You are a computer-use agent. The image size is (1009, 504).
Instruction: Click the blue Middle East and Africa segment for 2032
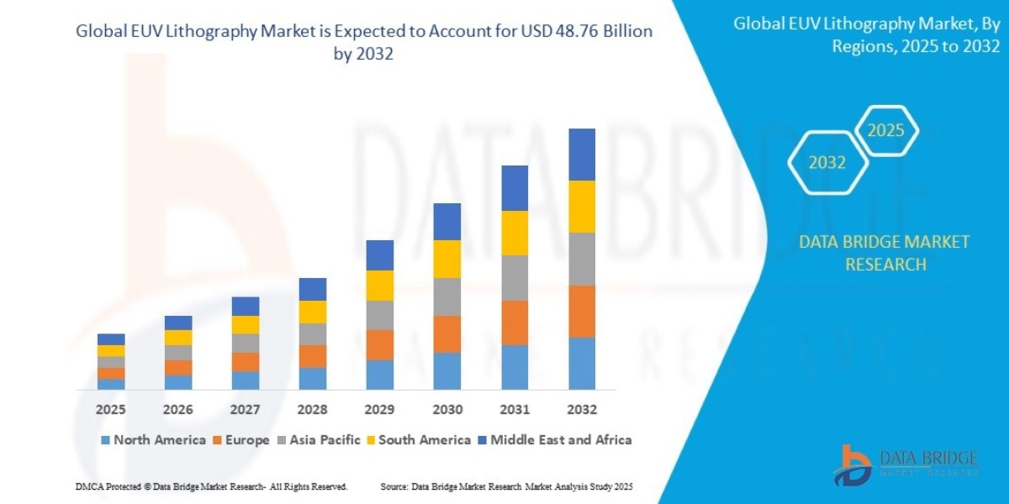582,155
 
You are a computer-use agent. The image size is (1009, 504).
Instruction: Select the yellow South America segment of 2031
515,233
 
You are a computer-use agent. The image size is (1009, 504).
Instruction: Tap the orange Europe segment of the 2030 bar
447,333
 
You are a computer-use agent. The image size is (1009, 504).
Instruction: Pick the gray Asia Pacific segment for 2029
380,315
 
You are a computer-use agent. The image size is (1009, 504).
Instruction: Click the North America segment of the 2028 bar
313,378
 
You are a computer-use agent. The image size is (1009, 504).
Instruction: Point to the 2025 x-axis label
111,410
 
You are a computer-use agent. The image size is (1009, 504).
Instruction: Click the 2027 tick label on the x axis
246,410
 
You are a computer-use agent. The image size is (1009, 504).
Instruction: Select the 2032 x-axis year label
582,410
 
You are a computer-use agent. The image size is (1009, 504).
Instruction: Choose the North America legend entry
152,439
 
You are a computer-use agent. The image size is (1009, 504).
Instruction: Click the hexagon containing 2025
885,131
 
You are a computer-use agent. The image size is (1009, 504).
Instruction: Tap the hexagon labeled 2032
827,163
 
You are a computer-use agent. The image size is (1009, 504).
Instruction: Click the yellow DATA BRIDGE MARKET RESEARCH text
884,253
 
